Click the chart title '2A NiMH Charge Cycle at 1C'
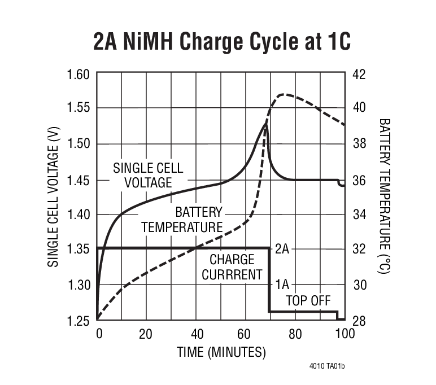coord(221,41)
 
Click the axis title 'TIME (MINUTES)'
coord(221,352)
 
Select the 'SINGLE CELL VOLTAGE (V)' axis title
coord(53,197)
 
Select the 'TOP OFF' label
coord(308,300)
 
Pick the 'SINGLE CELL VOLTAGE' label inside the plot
coord(149,175)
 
